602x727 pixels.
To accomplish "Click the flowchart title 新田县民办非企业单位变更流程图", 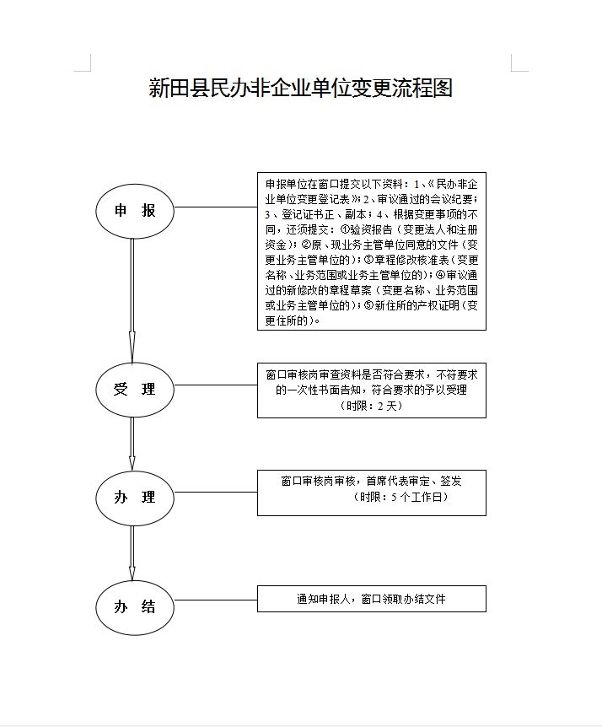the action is [x=300, y=88].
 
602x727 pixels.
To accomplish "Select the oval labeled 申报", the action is [x=135, y=212].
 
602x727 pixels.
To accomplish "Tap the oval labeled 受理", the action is [x=135, y=390].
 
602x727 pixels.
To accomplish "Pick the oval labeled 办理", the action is [x=135, y=498].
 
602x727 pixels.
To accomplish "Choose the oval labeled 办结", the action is [x=135, y=607].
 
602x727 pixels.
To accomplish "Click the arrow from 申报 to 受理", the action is [x=132, y=300].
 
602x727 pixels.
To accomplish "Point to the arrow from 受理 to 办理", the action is [x=132, y=444].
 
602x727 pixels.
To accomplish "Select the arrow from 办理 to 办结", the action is [x=132, y=552].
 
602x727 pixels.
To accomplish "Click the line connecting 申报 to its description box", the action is [x=216, y=207].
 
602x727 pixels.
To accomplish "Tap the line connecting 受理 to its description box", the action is [x=216, y=385].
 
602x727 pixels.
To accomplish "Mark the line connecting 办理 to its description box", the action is [x=216, y=492].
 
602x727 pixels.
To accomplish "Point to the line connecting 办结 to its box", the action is [x=216, y=600].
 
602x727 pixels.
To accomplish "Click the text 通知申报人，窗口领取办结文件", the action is [x=371, y=599].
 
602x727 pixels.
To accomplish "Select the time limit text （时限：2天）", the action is [x=371, y=406].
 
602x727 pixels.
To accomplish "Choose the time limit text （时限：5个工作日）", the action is [x=400, y=497].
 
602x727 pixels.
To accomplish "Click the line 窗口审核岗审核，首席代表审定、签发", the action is [x=371, y=482].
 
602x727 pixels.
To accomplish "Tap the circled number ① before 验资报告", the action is [x=345, y=229].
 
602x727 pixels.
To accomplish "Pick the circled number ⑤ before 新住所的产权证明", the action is [x=369, y=305].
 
